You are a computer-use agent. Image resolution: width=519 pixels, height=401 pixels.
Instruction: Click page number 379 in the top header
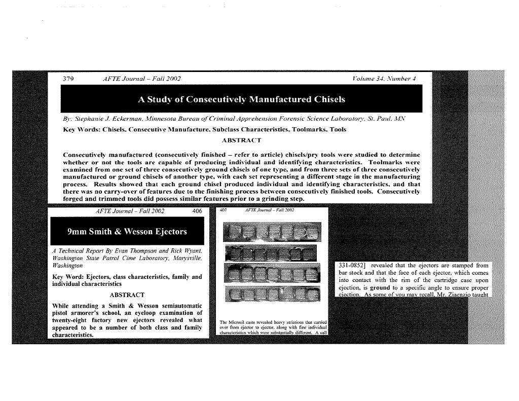(x=68, y=79)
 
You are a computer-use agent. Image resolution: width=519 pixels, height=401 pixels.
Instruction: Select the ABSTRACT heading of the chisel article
(x=242, y=140)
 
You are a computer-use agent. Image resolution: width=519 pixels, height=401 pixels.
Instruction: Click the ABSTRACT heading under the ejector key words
(x=127, y=295)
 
